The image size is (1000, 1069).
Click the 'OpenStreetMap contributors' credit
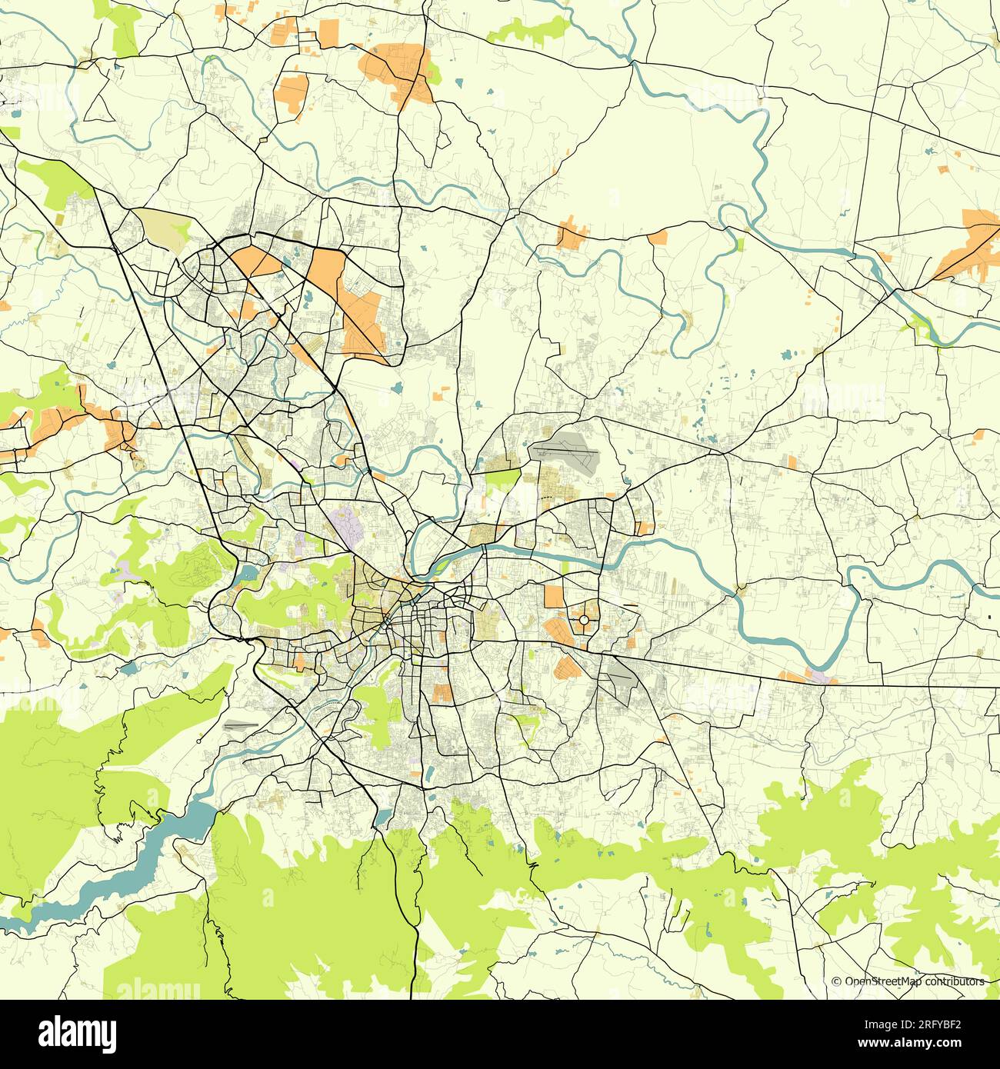(914, 981)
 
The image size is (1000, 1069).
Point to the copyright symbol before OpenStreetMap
(836, 981)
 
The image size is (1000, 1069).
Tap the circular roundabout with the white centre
(584, 619)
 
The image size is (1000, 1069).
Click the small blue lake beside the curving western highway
(248, 574)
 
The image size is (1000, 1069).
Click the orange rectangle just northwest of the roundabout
(554, 597)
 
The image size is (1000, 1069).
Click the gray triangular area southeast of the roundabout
(622, 680)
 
